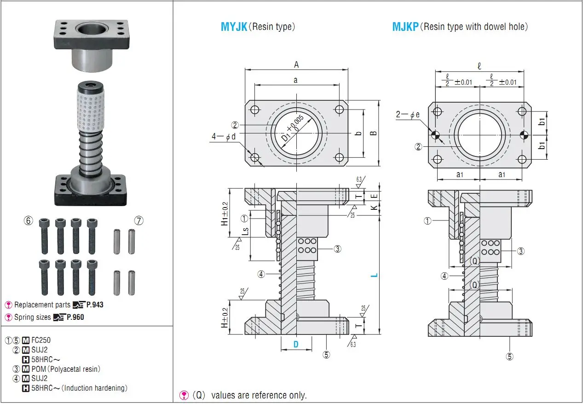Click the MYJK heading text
coord(234,27)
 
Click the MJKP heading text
coord(405,27)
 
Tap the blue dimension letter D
coord(296,344)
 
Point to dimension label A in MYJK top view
coord(296,65)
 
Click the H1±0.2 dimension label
coord(225,214)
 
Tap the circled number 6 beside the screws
coord(29,221)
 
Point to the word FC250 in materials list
coord(41,341)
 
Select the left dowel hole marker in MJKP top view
coord(435,135)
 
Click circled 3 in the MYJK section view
coord(337,249)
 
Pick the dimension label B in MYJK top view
coord(373,133)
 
